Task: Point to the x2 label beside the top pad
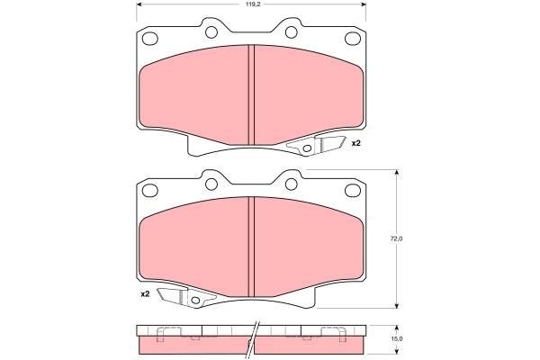[355, 143]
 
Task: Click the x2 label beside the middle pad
[144, 293]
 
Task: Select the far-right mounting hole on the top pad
[354, 40]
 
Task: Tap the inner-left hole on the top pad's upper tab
[211, 32]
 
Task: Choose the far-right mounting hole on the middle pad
[354, 191]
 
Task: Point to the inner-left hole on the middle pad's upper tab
[211, 183]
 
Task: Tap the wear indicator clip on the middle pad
[180, 296]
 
